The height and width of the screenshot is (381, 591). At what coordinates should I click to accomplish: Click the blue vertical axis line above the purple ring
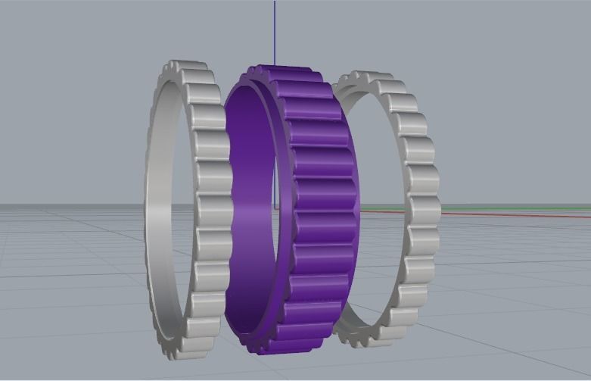tap(275, 30)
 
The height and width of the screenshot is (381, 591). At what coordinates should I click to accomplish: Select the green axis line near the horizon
tap(515, 207)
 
